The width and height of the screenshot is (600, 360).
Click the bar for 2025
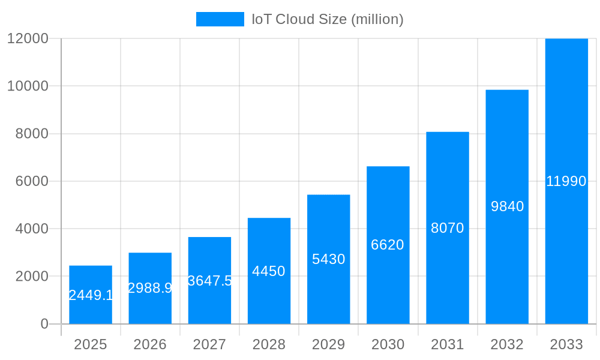pos(91,276)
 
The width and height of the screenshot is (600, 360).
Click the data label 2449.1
pos(91,295)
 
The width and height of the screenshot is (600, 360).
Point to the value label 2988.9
pos(150,288)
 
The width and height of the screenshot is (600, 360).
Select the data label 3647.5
pos(209,281)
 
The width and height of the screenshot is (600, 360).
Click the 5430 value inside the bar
pos(328,259)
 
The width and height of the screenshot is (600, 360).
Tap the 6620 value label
pos(388,245)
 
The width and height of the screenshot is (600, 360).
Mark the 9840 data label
pos(507,206)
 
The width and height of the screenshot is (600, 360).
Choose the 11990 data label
pos(566,181)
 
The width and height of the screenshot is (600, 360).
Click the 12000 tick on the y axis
pos(28,38)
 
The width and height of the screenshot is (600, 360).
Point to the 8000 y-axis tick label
pos(31,134)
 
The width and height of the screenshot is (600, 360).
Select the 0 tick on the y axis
pos(44,324)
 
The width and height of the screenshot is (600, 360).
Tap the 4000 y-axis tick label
pos(31,229)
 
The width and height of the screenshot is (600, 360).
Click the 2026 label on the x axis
pos(150,344)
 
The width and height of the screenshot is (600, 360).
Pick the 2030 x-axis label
pos(388,344)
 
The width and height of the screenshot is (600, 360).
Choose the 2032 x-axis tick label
pos(507,344)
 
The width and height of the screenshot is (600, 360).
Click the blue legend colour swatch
pos(220,19)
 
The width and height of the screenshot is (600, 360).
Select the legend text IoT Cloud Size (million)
pos(327,19)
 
